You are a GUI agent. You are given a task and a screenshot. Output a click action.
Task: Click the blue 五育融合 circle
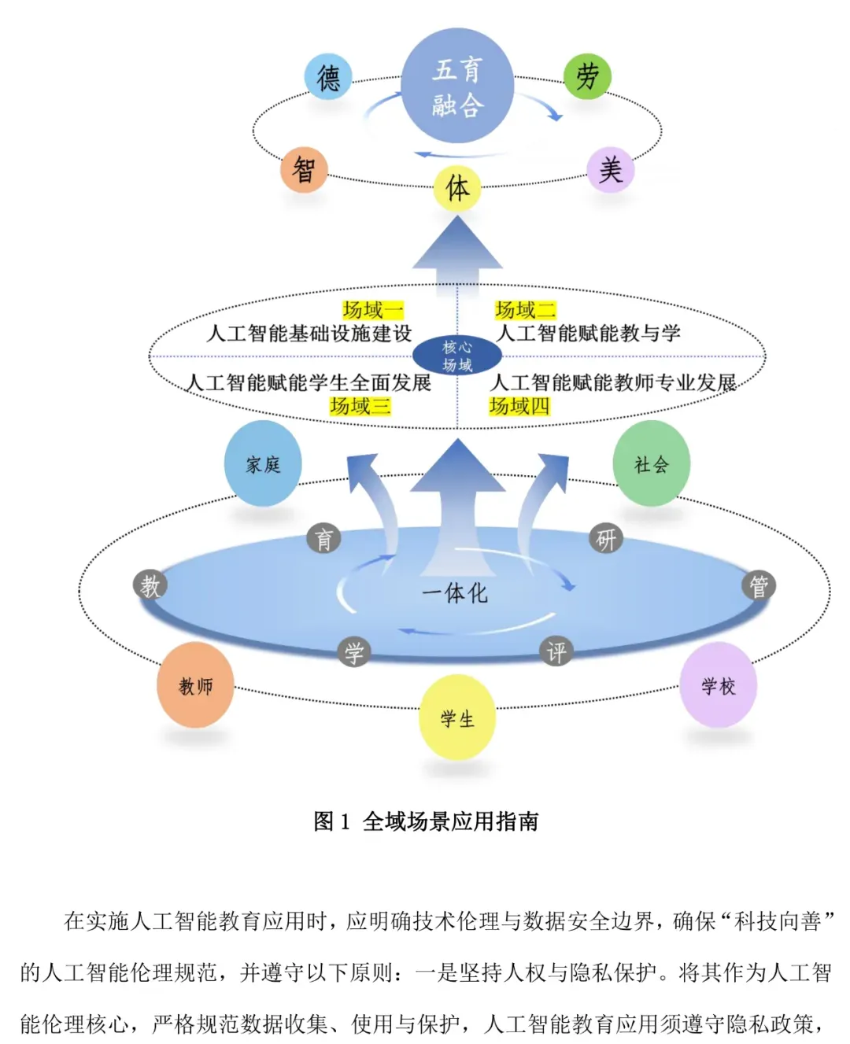coord(457,86)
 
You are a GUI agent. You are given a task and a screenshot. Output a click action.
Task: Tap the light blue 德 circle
coord(328,77)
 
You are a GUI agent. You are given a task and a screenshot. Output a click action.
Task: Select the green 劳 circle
coord(587,76)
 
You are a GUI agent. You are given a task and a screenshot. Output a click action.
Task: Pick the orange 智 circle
coord(304,169)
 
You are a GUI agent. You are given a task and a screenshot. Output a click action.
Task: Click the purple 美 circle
coord(610,169)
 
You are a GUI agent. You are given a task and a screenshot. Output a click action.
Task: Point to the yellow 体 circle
coord(457,188)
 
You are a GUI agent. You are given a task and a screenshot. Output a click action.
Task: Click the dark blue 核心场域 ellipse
coord(457,356)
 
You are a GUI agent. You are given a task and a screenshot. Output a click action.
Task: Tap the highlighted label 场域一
coord(373,310)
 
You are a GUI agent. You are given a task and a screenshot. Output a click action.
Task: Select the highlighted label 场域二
coord(525,310)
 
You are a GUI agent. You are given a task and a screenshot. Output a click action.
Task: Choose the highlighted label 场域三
coord(360,406)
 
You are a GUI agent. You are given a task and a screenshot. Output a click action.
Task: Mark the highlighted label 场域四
coord(519,406)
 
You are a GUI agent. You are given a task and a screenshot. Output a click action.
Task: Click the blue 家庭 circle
coord(263,464)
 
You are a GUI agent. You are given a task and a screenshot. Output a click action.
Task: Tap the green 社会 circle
coord(652,464)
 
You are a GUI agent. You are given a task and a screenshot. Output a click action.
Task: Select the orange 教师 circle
coord(196,686)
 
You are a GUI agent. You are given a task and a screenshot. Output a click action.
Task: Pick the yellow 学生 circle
coord(457,718)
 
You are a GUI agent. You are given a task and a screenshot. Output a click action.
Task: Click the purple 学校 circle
coord(719,686)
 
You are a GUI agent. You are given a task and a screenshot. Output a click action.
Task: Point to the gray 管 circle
coord(759,586)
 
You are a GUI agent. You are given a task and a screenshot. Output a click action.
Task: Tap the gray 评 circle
coord(556,651)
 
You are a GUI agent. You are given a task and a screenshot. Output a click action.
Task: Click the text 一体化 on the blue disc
coord(455,593)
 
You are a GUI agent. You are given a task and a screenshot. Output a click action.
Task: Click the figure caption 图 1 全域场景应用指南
coord(426,821)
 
